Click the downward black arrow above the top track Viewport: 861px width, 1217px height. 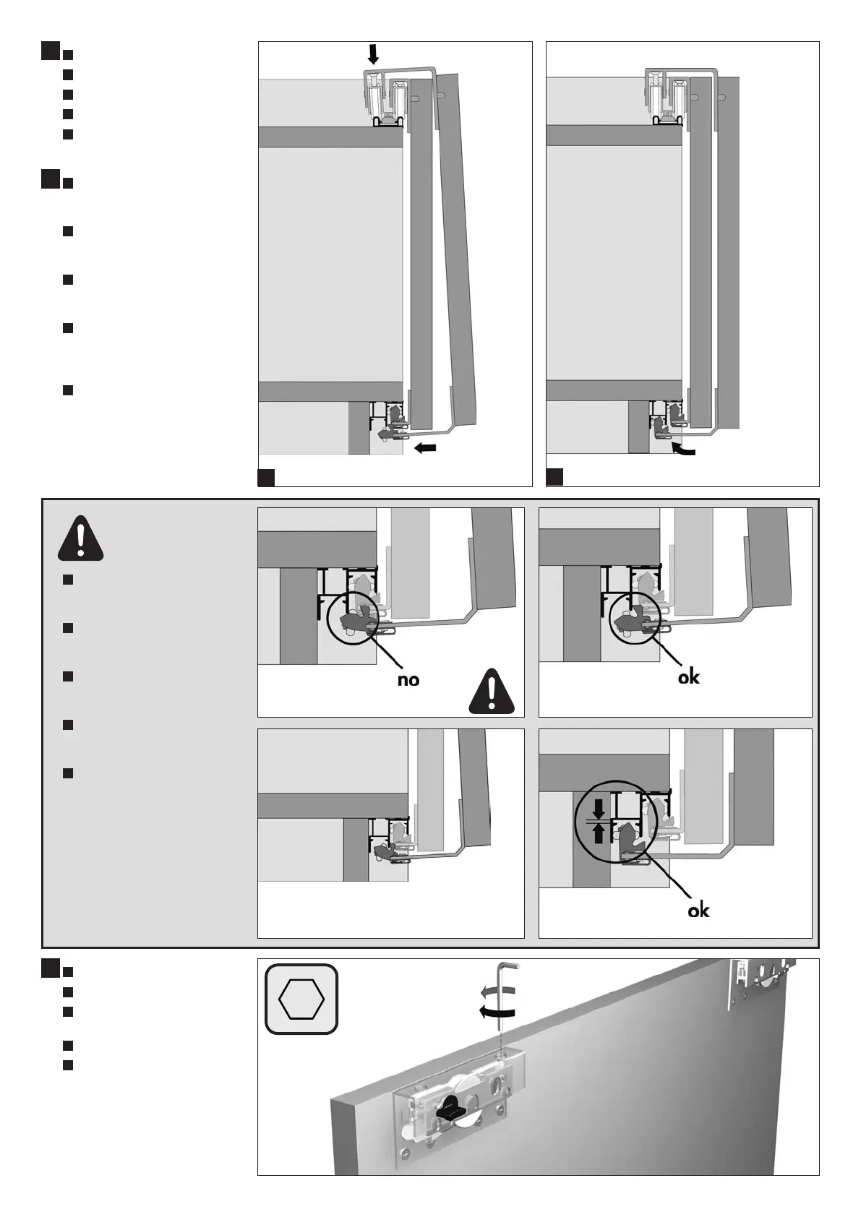coord(373,53)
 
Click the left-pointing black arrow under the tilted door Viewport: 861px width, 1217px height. coord(425,449)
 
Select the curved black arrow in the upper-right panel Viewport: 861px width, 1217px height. coord(682,450)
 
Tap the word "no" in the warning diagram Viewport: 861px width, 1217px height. coord(408,680)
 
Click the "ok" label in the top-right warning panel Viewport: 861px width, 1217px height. coord(689,677)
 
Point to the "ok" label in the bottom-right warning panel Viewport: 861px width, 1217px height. coord(698,911)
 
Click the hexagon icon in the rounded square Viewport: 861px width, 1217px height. coord(301,999)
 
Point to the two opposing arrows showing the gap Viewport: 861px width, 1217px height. coord(598,821)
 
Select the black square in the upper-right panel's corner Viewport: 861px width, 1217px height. coord(554,477)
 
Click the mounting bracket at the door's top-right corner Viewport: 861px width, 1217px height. coord(760,981)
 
